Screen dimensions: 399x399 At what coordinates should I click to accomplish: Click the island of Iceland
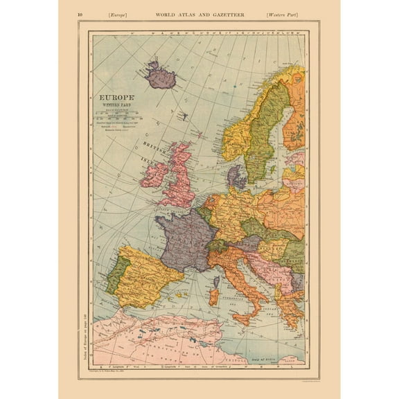point(160,76)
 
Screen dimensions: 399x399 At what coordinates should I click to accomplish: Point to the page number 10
point(81,14)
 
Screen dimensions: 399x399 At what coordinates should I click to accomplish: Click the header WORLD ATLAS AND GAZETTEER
point(199,14)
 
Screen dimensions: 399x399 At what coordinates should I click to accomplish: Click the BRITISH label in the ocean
point(154,144)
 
